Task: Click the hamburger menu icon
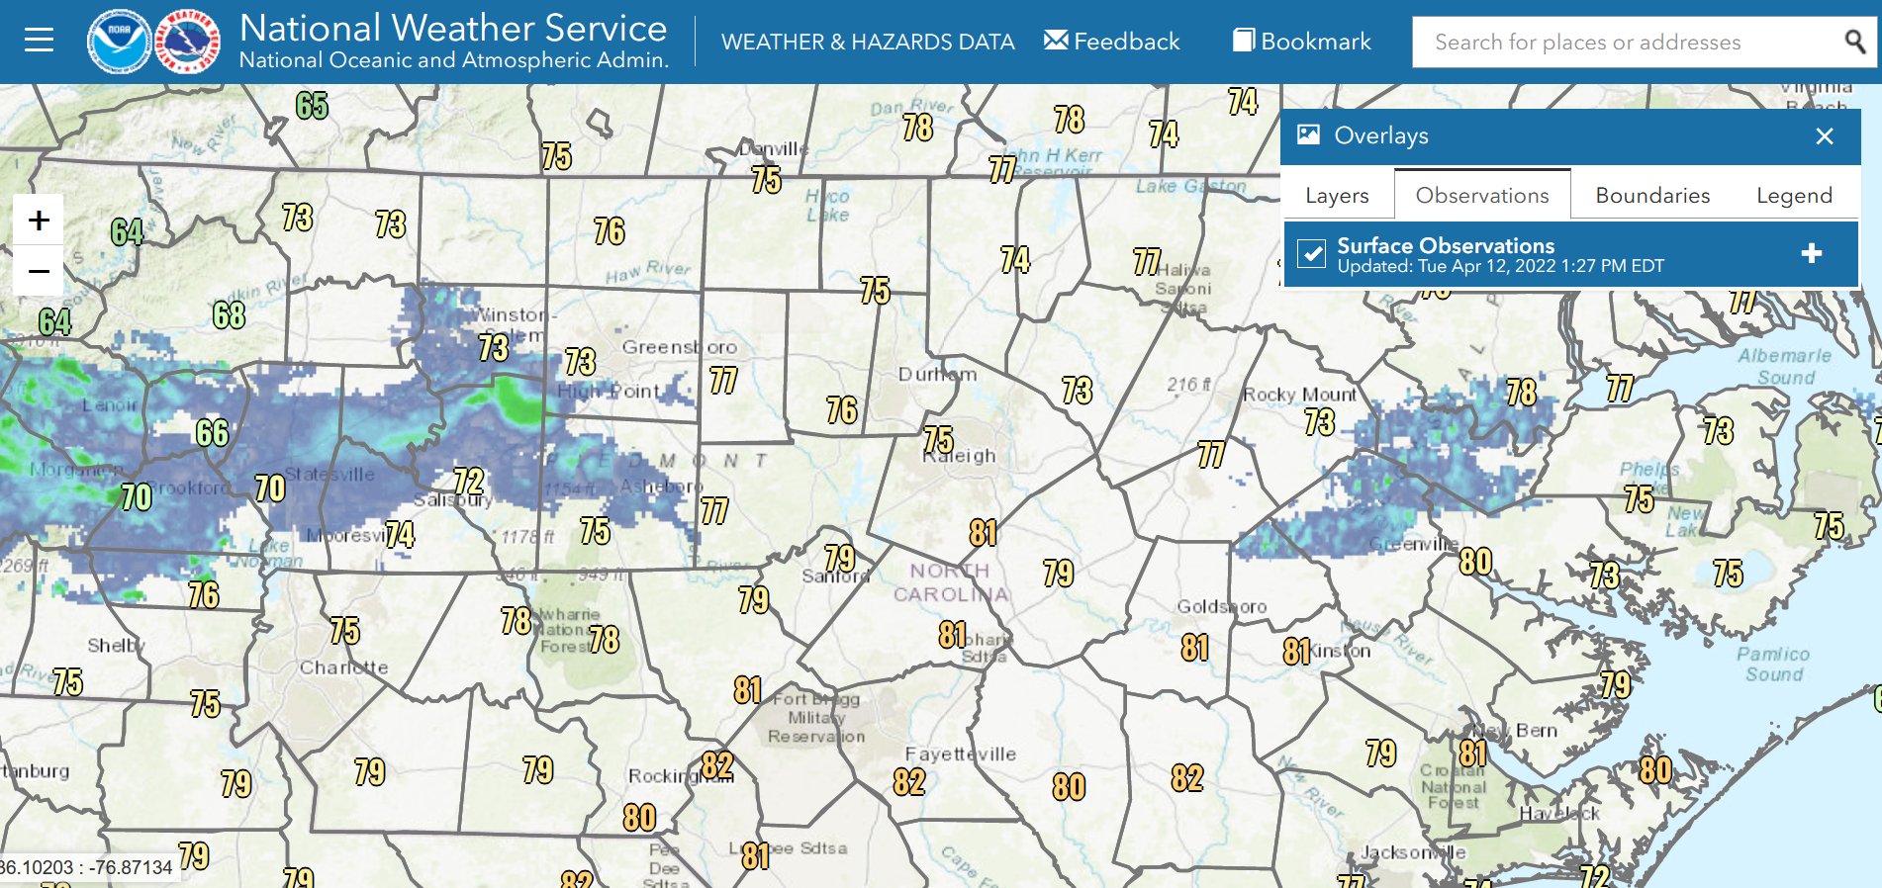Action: pos(39,41)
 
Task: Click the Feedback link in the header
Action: pos(1111,42)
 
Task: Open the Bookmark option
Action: pos(1301,42)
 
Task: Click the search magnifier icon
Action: pos(1854,42)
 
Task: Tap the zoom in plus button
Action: pos(39,220)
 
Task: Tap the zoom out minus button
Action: pos(39,271)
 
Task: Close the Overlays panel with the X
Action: pos(1825,136)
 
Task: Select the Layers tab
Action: pos(1337,196)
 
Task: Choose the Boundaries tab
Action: pos(1652,196)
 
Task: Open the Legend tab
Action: pos(1794,196)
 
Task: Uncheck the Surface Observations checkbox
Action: pos(1312,254)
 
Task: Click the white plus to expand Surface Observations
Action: pos(1812,254)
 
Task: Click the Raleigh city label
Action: pos(960,457)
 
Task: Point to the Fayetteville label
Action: pos(960,755)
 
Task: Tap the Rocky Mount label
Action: pos(1300,395)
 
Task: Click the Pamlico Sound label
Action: pos(1773,665)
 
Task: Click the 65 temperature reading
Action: pos(312,106)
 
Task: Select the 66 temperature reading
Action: pos(212,433)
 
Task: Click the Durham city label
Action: pos(937,375)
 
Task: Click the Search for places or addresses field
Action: pos(1623,43)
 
